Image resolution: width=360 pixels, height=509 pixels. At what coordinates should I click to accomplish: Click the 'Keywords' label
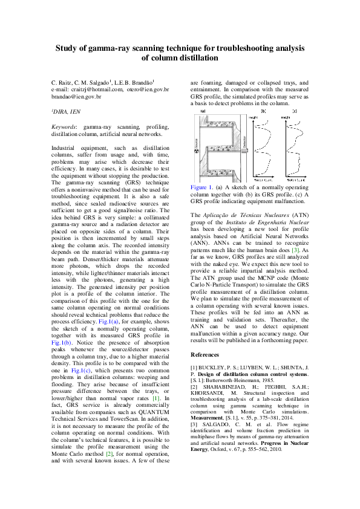(64, 127)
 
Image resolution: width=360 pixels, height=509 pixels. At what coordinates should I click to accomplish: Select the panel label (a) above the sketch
(202, 111)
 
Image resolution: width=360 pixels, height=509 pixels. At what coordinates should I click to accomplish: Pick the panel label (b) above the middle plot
(263, 111)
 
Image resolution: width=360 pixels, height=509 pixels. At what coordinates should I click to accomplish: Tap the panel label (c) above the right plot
(295, 111)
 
